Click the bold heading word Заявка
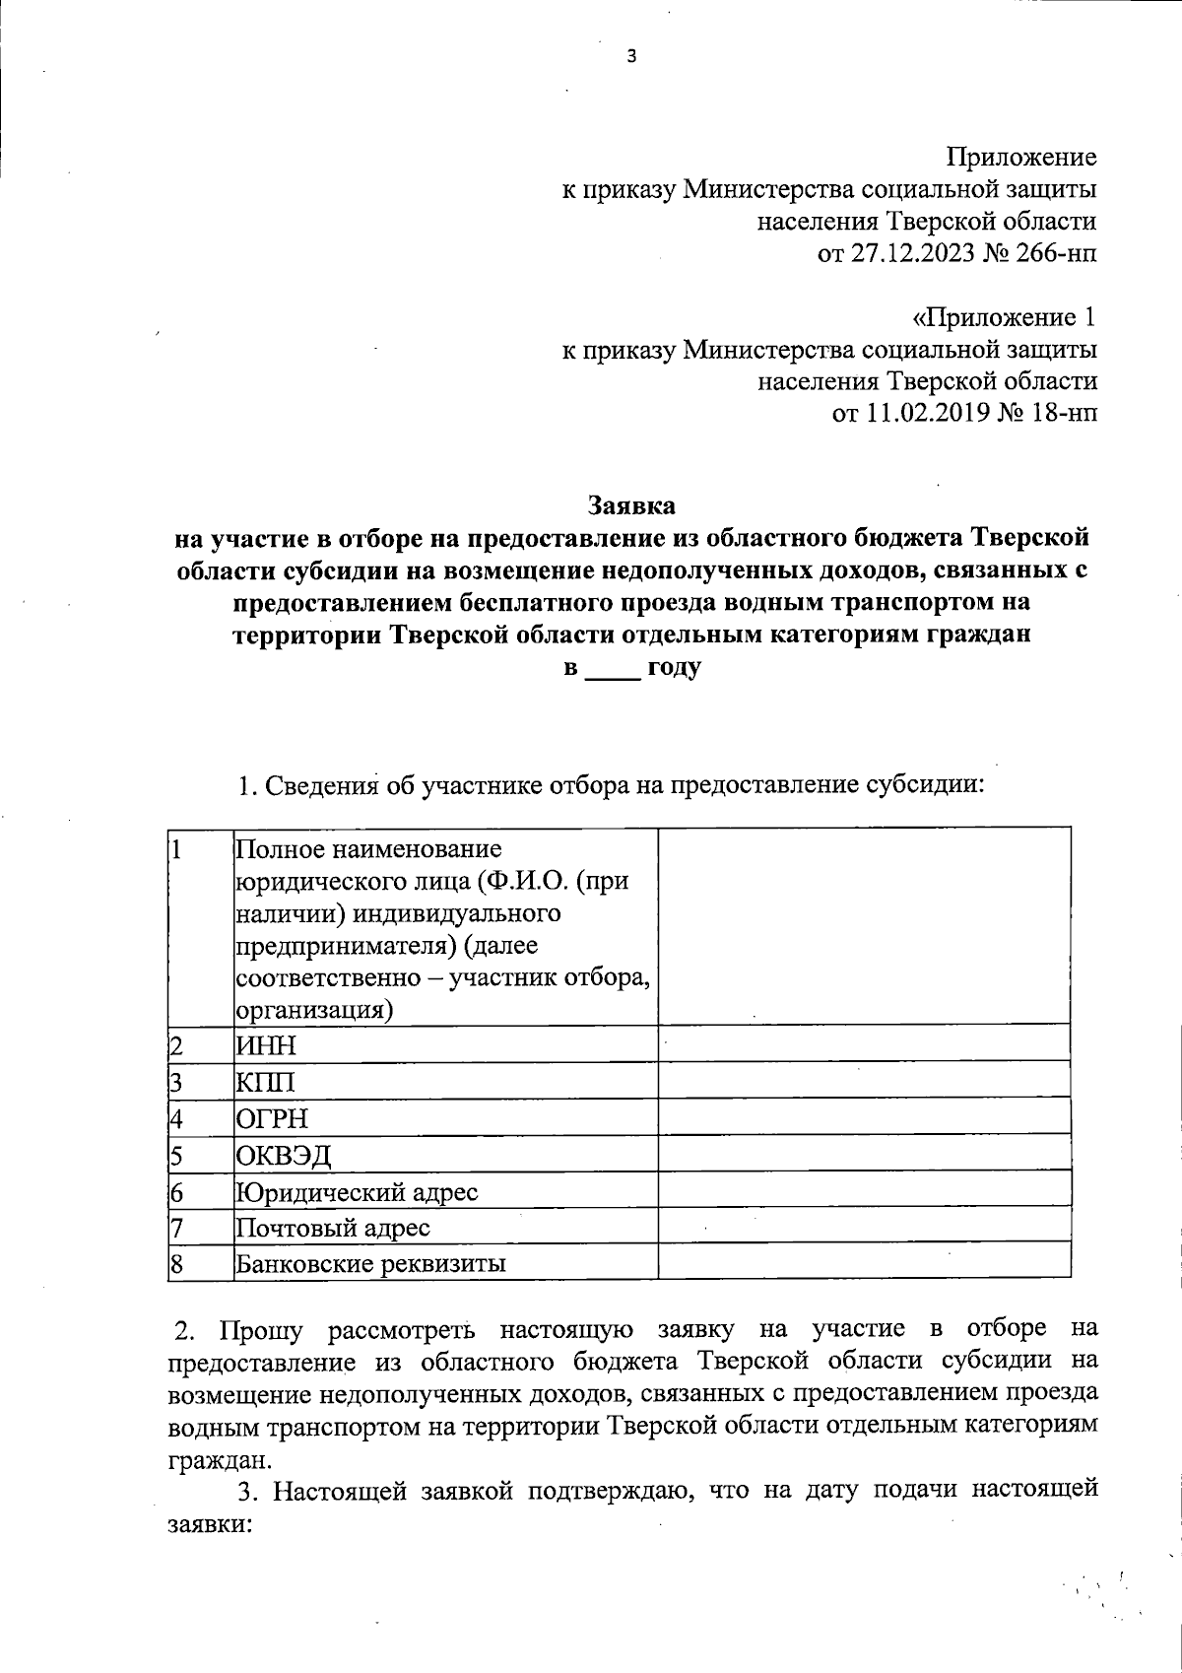pos(631,505)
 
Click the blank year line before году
pos(613,670)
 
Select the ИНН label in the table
pos(266,1044)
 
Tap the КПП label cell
pos(266,1082)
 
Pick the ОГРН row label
pos(272,1118)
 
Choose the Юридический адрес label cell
pos(357,1192)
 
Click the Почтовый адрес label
pos(333,1228)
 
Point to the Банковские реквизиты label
pos(370,1264)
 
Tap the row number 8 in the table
pos(177,1264)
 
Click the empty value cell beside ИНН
pos(864,1044)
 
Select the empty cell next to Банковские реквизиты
pos(864,1261)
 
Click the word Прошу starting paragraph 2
pos(261,1329)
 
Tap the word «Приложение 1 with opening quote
pos(1004,317)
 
